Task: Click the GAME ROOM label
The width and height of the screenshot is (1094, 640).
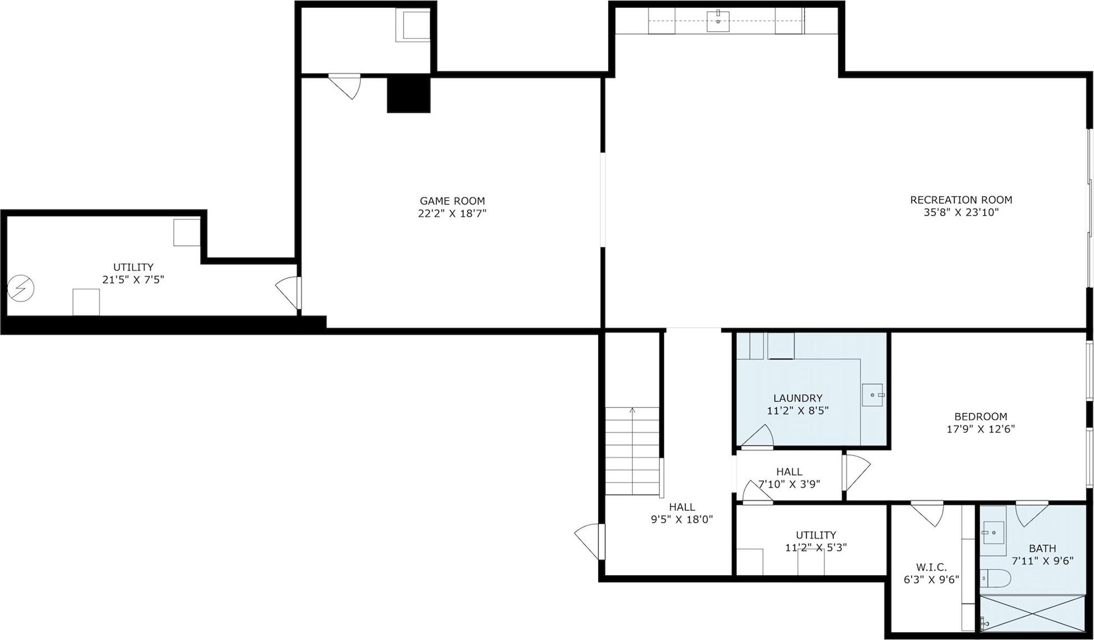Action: tap(452, 201)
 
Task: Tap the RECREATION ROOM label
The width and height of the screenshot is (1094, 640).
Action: tap(961, 200)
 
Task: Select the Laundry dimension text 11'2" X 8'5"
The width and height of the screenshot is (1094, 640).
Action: tap(797, 411)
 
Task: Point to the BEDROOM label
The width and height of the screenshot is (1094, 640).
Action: tap(980, 417)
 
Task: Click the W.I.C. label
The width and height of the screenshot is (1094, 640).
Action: tap(931, 567)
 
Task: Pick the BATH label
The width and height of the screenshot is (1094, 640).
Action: tap(1042, 549)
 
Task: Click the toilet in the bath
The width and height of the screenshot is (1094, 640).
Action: tap(995, 578)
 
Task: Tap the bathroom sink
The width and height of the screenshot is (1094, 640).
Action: tap(993, 533)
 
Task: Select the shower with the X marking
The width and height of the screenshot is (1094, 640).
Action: tap(1032, 613)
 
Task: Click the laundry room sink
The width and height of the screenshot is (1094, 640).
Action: tap(872, 395)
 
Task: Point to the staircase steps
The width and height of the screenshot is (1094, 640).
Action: tap(632, 451)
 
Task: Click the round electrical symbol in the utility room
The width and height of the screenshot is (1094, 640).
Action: tap(21, 288)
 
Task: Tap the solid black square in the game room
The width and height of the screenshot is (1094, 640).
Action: tap(409, 94)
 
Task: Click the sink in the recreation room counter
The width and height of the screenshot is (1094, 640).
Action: tap(718, 21)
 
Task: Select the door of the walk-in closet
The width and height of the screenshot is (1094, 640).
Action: tap(927, 513)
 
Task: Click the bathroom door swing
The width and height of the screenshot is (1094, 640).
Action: tap(1031, 513)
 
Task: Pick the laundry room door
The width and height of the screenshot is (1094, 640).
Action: tap(758, 437)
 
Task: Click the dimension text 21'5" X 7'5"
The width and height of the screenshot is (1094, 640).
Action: tap(133, 280)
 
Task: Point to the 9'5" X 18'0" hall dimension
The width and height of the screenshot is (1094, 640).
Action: tap(681, 519)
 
